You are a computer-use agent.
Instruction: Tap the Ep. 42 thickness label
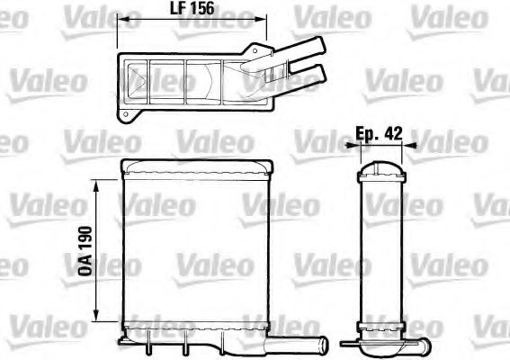378,131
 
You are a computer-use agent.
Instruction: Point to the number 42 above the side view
392,131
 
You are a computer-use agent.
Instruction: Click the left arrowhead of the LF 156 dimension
124,21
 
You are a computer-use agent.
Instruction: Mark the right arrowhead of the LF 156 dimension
264,21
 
